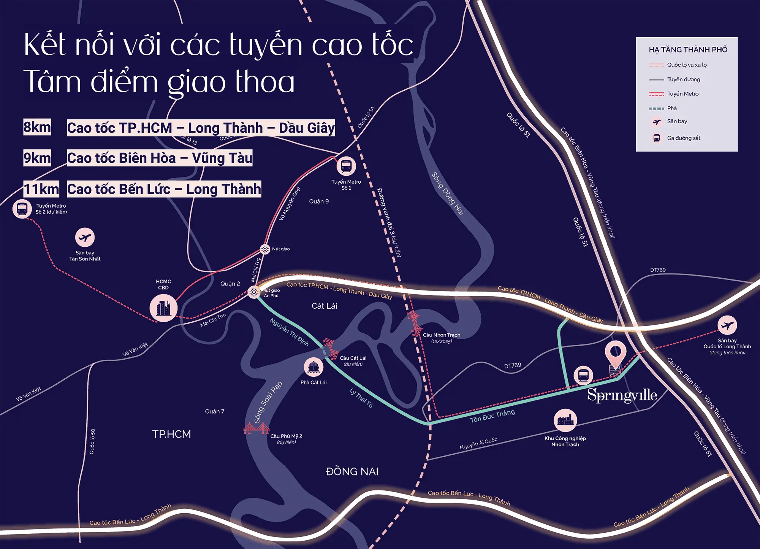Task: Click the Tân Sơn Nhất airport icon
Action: [85, 238]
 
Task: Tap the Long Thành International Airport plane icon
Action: [727, 325]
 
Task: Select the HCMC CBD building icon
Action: [163, 308]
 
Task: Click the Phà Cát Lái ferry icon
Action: [313, 367]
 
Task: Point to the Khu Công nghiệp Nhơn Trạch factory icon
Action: [565, 420]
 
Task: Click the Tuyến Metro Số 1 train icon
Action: [346, 166]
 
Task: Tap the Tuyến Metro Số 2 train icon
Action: [22, 209]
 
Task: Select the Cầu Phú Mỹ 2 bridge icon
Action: [256, 428]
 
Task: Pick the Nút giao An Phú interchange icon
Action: [254, 292]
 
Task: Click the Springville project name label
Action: [622, 395]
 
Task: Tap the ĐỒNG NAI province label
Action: [352, 472]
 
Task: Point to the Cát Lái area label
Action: [324, 306]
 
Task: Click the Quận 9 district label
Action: [319, 202]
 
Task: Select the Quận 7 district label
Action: [215, 411]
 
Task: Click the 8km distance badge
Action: [37, 127]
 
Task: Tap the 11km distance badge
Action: [41, 189]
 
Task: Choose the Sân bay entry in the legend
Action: [677, 122]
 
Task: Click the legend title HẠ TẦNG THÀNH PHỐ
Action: [688, 50]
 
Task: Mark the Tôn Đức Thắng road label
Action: [492, 416]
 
